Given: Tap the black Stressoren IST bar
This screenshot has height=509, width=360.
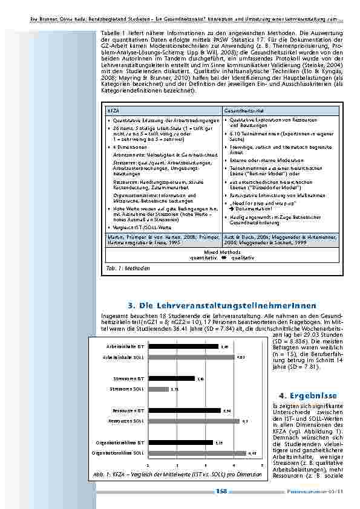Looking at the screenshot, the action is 172,378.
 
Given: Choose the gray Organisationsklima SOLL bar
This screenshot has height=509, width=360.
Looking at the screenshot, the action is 197,453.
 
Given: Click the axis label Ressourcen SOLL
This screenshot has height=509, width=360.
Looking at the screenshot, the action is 126,421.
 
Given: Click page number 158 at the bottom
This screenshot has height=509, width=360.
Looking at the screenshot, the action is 221,493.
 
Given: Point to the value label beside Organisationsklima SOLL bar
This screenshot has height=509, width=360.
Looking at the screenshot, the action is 252,453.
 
